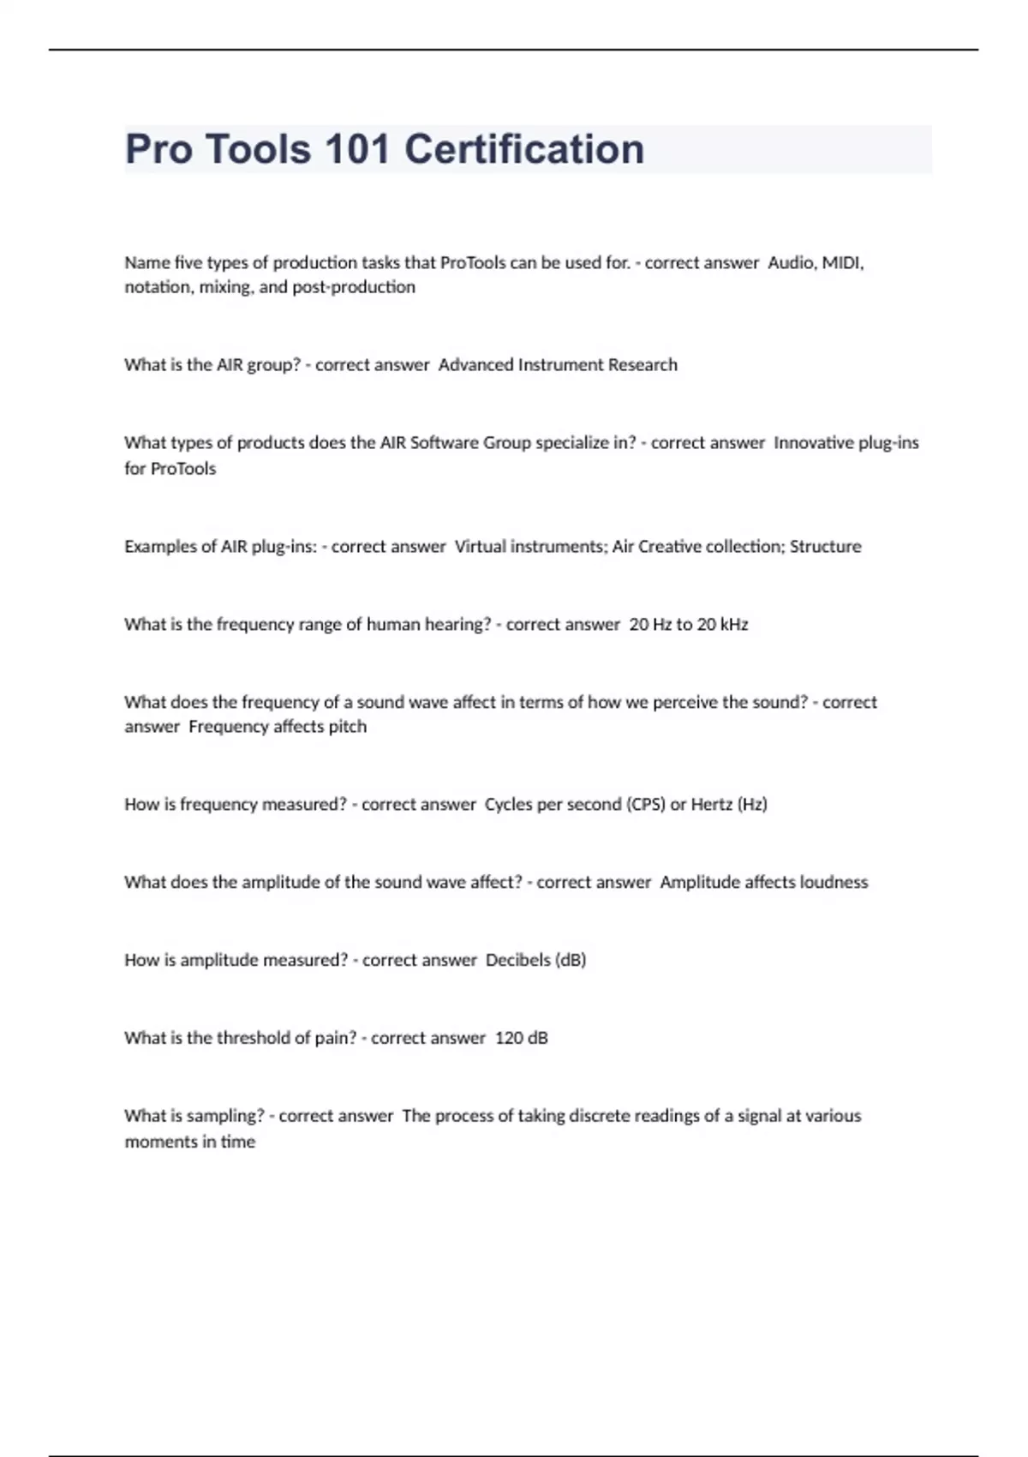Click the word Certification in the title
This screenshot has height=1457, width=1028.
click(x=523, y=149)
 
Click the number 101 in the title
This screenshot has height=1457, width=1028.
click(x=357, y=149)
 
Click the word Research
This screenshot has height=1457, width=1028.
click(x=642, y=364)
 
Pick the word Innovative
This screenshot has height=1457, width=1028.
click(x=813, y=442)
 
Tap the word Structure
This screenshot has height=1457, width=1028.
click(x=825, y=546)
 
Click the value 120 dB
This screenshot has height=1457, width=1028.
click(x=521, y=1038)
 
